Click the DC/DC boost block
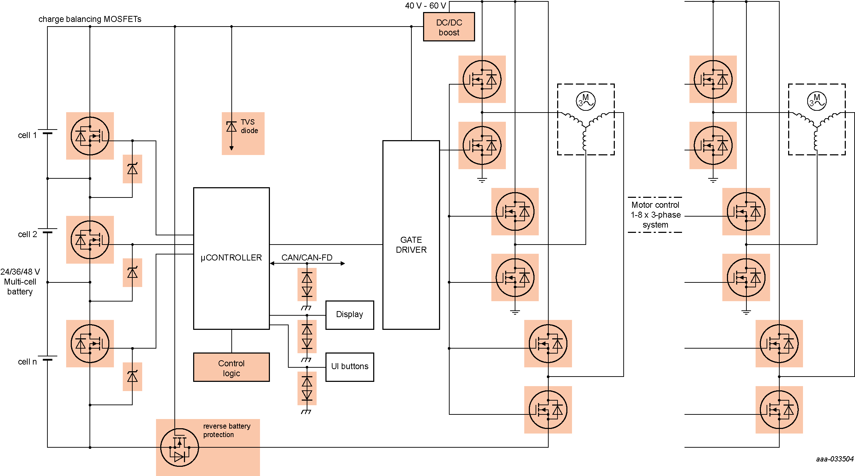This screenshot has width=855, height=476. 449,27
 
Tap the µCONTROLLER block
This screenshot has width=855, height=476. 231,258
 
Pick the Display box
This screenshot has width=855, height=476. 349,315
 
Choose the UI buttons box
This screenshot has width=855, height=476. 349,367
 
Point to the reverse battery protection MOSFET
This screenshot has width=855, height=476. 179,447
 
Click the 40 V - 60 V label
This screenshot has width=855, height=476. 425,6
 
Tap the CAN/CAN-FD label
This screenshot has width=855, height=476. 307,257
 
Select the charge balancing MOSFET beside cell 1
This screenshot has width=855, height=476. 90,136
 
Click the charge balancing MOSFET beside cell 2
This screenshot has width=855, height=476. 90,240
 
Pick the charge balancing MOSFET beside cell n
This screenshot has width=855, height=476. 90,344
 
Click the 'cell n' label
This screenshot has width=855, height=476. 27,362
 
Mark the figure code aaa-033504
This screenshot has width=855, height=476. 834,459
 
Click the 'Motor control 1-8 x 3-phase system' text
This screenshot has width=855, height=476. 655,215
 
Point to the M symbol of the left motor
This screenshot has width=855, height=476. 585,101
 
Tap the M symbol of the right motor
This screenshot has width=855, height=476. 816,101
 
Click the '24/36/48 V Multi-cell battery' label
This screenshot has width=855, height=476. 20,282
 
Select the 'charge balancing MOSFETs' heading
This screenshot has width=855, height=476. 90,19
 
